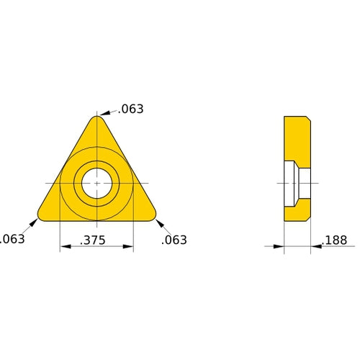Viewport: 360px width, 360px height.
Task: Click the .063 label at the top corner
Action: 130,109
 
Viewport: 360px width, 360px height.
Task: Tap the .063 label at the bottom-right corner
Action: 174,240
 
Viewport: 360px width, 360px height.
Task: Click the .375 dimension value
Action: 98,240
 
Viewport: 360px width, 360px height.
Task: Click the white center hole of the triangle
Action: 96,184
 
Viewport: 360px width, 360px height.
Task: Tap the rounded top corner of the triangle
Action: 96,119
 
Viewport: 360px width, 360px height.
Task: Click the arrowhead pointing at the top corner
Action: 104,114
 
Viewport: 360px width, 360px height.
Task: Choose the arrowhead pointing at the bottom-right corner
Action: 156,219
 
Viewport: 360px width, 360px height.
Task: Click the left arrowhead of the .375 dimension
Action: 64,247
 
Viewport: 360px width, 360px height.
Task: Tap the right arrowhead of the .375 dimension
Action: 129,247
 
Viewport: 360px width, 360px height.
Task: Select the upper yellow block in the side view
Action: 296,138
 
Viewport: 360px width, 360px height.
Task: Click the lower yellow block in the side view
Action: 296,210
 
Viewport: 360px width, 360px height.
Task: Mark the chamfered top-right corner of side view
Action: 309,119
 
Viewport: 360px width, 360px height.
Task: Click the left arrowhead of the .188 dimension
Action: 280,247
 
